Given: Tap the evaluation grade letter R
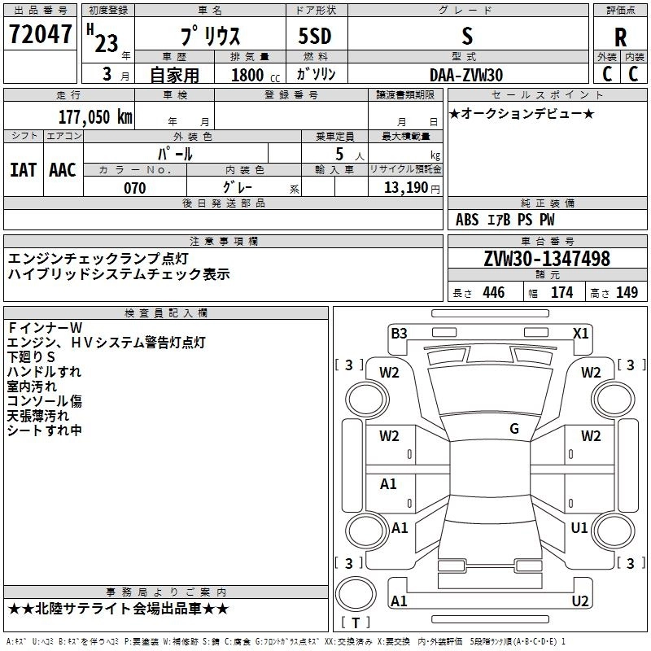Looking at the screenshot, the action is [620, 37].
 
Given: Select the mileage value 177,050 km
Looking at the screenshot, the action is [96, 116].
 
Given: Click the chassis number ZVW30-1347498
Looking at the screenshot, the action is [547, 260].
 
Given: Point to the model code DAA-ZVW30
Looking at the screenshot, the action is [466, 75].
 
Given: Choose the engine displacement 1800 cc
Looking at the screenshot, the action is [248, 75].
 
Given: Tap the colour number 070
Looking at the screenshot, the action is [134, 187].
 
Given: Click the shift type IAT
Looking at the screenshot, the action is [23, 170].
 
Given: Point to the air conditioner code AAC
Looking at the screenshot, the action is [63, 170].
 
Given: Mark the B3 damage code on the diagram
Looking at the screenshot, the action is [399, 333].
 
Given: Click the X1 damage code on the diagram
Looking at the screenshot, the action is [581, 333].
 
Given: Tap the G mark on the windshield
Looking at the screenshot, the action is [514, 428].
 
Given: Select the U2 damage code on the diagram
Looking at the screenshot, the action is [580, 601].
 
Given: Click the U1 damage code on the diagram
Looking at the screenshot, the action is [579, 528].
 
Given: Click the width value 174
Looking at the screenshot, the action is [562, 293].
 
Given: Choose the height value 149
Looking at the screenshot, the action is [627, 293].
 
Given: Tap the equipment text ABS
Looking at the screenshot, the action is [467, 220].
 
